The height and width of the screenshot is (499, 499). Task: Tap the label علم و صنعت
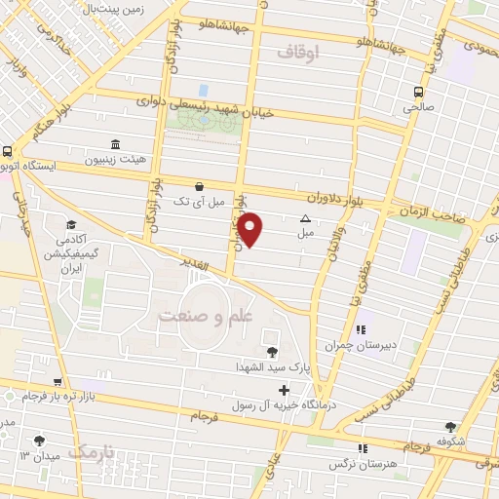pos(205,317)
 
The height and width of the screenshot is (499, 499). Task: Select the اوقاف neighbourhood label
pos(298,54)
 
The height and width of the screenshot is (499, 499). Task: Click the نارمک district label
pos(93,452)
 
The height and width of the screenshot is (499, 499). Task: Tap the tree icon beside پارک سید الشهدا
pos(272,352)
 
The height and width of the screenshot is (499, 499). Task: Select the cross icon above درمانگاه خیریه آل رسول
pos(284,390)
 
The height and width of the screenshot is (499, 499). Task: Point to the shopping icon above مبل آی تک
pos(200,186)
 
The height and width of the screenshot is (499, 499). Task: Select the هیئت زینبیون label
pos(116,159)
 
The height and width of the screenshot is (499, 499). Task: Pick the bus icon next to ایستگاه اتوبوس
pos(7,152)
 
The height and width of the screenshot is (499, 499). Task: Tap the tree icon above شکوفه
pos(450,427)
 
